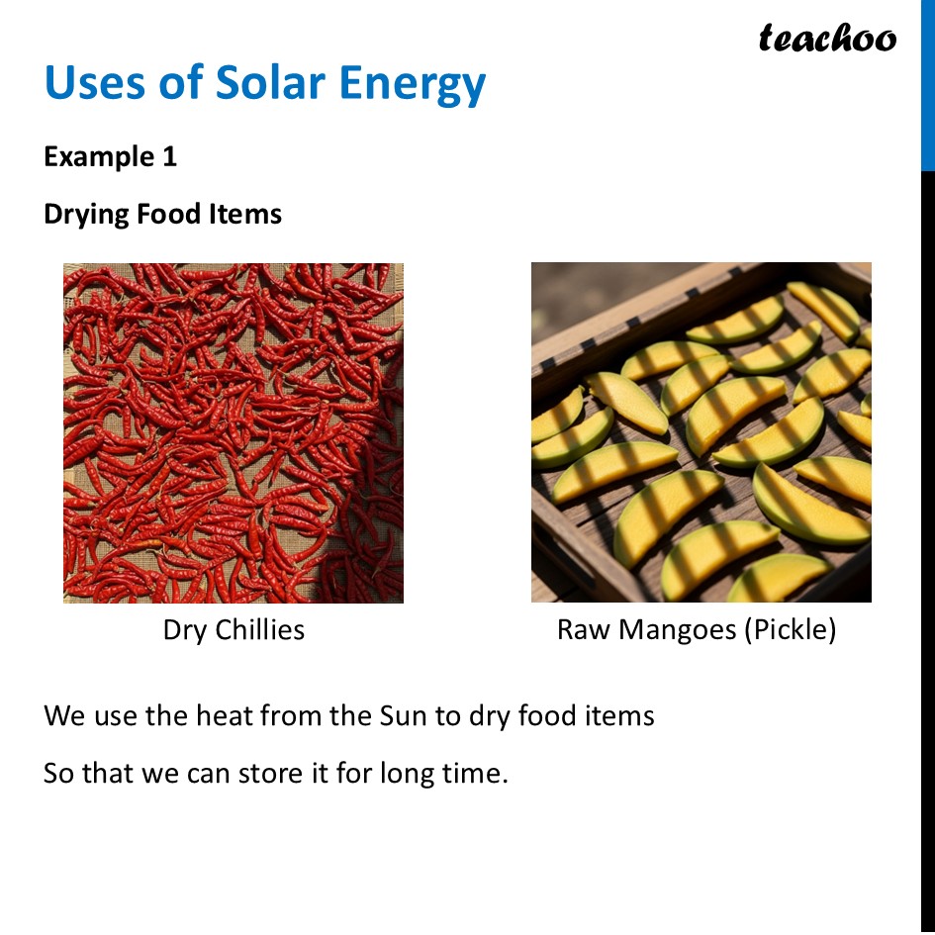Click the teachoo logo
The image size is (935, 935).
[827, 38]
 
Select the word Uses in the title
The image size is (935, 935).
[95, 83]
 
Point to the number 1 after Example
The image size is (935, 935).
[169, 156]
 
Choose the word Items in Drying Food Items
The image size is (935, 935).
[245, 214]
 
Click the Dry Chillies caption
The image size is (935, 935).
[234, 630]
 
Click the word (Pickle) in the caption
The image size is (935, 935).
[790, 630]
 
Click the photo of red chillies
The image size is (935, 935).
[234, 433]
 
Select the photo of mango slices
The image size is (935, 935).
[701, 433]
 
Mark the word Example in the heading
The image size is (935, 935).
[96, 156]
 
